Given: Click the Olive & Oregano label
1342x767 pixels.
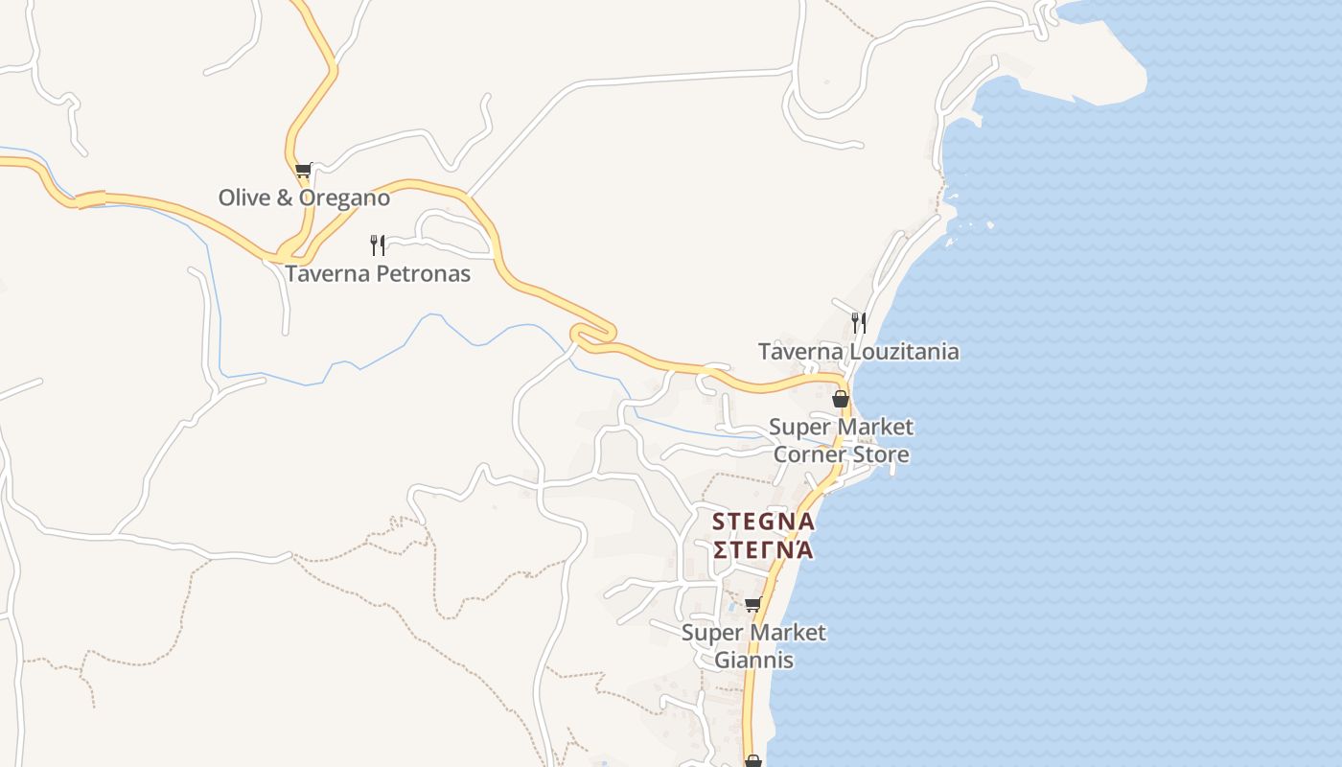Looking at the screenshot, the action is coord(304,198).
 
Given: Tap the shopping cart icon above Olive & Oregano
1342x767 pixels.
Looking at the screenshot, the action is coord(304,171).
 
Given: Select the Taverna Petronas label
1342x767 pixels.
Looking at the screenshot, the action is coord(378,273).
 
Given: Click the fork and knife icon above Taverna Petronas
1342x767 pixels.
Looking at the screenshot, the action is coord(378,244).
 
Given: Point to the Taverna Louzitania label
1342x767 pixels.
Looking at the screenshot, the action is coord(858,351).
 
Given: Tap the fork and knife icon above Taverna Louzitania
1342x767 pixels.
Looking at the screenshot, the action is coord(859,322).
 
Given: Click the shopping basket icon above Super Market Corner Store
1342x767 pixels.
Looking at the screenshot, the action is coord(841,399).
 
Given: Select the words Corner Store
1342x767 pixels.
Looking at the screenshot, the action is coord(841,453).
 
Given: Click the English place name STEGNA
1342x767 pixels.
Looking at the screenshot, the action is coord(763,522).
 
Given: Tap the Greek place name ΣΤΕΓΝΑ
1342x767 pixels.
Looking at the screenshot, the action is coord(763,549).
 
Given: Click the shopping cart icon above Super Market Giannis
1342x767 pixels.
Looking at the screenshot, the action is coord(753,604).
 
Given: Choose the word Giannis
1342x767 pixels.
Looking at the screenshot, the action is coord(753,661).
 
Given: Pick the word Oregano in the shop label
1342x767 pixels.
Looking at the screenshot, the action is coord(345,198).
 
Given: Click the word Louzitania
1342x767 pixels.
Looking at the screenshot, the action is coord(903,351).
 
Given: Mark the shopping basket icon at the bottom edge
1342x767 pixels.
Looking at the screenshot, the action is coord(753,761).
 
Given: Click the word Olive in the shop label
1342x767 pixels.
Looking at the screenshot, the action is coord(244,198).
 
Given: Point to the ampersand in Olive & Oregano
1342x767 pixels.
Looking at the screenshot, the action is coord(285,198).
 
